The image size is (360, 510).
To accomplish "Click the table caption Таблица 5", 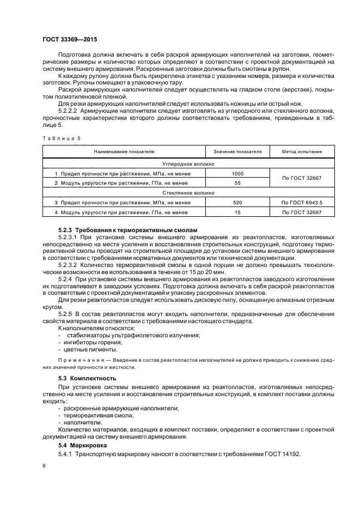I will point(61,138).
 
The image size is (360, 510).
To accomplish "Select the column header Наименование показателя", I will point(124,151).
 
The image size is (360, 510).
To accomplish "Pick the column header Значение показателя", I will point(237,151).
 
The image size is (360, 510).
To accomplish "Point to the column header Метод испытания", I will point(302,151).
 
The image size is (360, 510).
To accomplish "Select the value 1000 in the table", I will point(237,173).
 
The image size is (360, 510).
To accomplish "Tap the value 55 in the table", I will point(237,183).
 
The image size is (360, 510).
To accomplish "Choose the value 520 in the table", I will point(237,203).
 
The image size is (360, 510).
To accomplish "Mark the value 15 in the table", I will point(237,212).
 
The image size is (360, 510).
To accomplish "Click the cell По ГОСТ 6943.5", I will point(302,203).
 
